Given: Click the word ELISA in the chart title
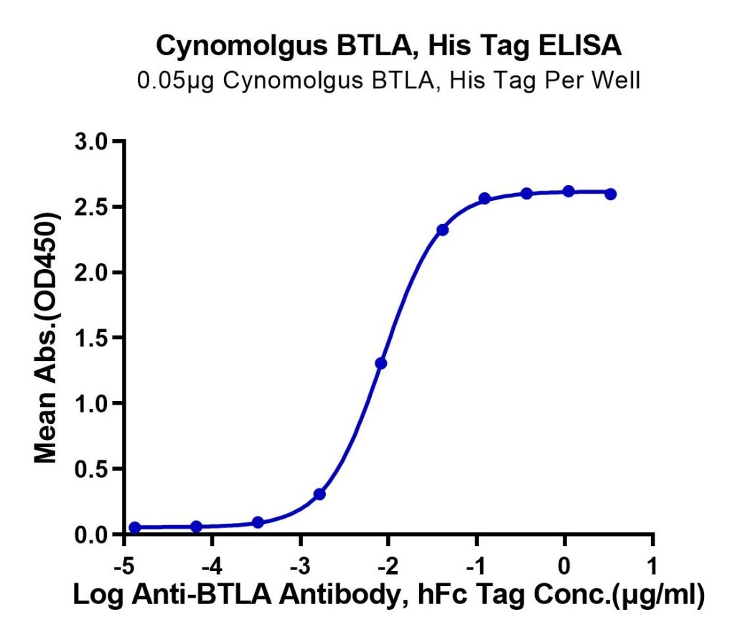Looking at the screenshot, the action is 579,46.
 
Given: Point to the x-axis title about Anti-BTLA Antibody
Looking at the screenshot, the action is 388,595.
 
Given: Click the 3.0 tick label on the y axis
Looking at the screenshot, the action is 91,141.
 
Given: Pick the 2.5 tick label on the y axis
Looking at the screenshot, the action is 91,207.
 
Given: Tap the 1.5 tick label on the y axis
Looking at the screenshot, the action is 91,338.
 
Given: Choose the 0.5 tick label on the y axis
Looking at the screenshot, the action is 91,469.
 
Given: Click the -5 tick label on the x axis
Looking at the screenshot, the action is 124,566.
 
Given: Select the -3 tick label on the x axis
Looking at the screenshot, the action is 301,566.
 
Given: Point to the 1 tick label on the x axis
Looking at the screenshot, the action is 652,566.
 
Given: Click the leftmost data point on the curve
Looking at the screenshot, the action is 135,527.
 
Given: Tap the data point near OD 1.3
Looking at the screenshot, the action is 381,363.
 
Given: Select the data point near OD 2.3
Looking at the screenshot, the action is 442,230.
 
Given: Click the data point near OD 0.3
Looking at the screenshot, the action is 319,494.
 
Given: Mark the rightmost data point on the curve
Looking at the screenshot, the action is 610,194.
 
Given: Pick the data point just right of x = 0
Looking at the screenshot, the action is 568,191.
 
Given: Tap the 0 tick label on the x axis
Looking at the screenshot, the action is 564,566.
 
